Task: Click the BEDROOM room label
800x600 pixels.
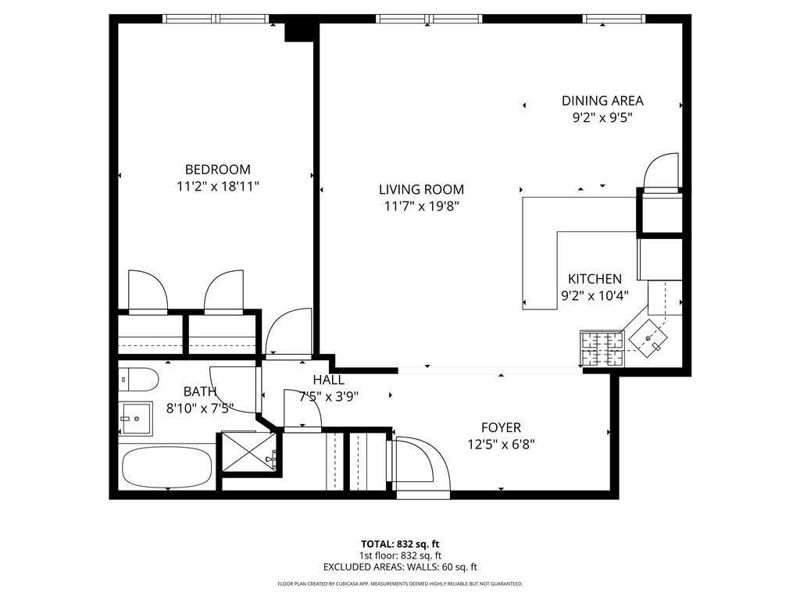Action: [x=217, y=170]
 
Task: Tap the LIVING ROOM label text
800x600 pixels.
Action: [x=421, y=190]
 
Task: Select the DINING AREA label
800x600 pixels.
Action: [x=602, y=101]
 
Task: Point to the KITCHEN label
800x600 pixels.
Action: [x=595, y=279]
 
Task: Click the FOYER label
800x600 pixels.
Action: [x=501, y=427]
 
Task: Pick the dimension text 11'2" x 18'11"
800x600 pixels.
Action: [x=218, y=187]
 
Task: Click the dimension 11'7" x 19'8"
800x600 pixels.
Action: [x=421, y=206]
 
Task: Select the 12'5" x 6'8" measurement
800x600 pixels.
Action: [x=501, y=445]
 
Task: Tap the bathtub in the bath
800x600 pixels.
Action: [x=167, y=468]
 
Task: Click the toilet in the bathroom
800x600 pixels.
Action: [x=139, y=379]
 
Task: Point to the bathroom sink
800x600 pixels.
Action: [x=136, y=419]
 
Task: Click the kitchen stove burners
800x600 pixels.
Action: [x=602, y=348]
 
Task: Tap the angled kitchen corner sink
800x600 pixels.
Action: [x=648, y=337]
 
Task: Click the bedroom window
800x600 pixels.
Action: [x=216, y=19]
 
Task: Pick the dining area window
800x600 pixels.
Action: [x=614, y=19]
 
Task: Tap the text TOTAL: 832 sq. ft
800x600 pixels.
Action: [x=400, y=544]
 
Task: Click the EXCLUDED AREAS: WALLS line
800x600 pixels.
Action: [x=400, y=567]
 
